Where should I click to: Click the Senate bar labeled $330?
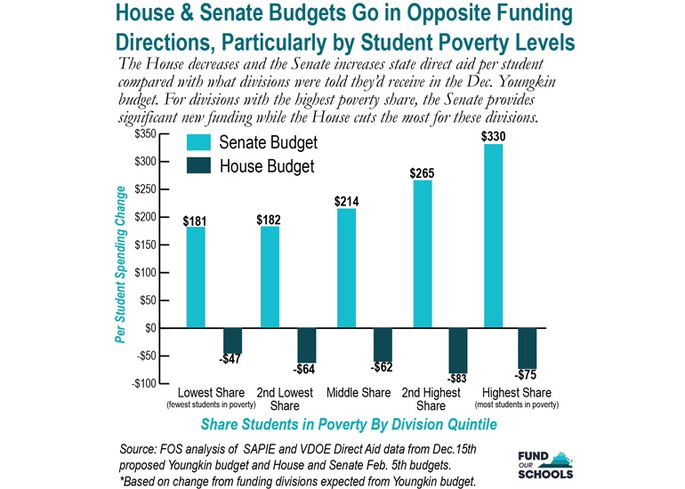pos(493,236)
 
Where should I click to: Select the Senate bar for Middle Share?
pos(345,268)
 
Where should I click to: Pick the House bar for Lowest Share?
pos(232,341)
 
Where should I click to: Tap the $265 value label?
pos(422,173)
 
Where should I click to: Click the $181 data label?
pos(196,220)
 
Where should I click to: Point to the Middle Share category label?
pos(359,393)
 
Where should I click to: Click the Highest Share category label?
pos(516,393)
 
